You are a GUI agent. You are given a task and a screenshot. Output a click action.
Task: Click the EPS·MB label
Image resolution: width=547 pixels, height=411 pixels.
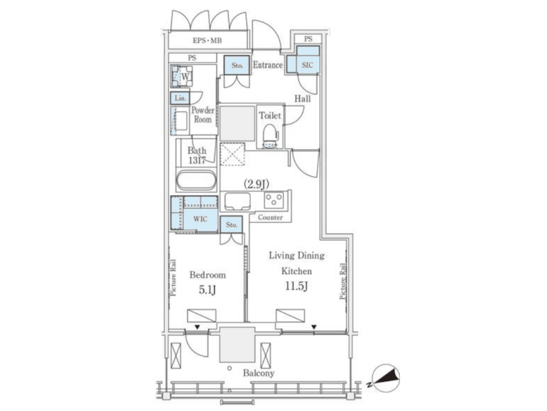point(207,40)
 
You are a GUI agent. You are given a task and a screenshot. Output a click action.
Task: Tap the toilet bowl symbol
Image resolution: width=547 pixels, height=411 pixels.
point(270,136)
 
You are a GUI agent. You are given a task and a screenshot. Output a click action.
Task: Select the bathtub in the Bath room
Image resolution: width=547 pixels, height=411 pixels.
point(196,180)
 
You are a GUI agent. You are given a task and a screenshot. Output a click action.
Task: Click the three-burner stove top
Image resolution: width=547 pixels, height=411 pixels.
point(273,200)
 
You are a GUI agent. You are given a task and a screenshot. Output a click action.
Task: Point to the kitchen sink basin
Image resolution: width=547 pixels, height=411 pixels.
point(237,201)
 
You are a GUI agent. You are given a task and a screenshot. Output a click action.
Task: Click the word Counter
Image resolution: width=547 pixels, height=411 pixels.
point(270,217)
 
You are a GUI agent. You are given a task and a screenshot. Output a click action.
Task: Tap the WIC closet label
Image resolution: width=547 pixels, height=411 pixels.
point(200,219)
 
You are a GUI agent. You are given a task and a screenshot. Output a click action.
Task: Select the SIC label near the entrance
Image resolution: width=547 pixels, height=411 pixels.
point(307,65)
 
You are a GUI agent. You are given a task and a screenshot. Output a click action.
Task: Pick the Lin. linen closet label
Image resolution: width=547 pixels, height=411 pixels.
point(180,98)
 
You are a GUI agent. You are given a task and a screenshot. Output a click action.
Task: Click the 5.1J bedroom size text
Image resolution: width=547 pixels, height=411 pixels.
point(207,290)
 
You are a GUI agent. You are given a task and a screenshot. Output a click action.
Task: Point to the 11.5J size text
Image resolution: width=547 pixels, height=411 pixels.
point(296,286)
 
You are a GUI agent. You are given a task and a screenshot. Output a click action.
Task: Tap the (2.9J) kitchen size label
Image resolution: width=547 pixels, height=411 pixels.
point(256,184)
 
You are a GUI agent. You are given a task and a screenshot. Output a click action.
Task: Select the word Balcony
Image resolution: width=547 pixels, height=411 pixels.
point(259,373)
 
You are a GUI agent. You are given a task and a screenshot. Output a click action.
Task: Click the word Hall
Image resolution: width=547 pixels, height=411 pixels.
point(303,99)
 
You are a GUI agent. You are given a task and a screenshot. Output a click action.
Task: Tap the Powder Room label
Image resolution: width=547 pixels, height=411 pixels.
point(203,115)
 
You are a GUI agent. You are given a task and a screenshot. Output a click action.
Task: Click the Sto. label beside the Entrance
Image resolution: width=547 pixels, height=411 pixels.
point(237,66)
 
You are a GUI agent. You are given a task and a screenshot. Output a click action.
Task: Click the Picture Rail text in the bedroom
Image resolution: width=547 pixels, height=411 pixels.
point(173,277)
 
